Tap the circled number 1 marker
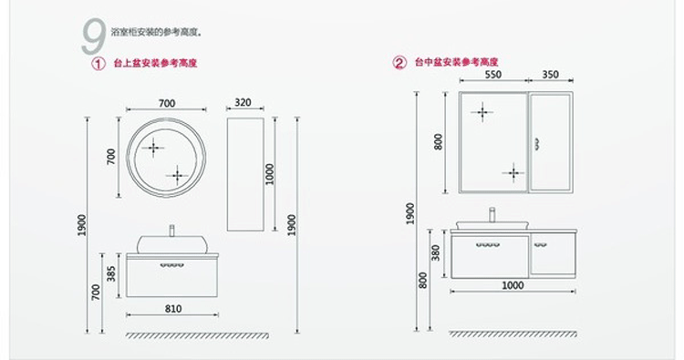tap(98, 64)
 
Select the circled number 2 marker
tap(399, 63)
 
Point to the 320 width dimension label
tap(243, 103)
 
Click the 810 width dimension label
tap(174, 309)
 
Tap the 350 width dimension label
tap(550, 75)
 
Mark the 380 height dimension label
tap(436, 252)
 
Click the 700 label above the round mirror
tap(166, 103)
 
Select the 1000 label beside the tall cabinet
tap(269, 174)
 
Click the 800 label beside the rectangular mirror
tap(439, 141)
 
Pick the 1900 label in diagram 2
tap(410, 214)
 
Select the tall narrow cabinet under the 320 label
tap(244, 173)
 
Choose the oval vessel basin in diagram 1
tap(171, 243)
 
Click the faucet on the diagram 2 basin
tap(492, 216)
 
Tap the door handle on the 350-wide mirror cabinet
tap(536, 142)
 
